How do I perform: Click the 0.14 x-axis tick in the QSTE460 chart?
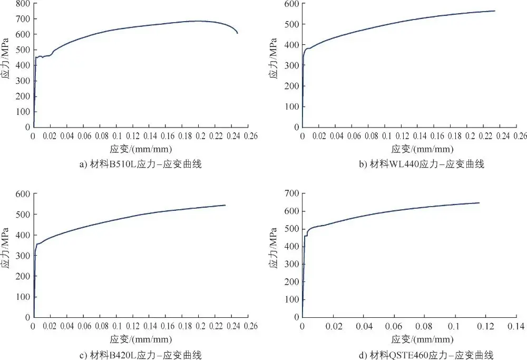pos(516,326)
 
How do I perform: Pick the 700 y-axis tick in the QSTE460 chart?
pos(290,194)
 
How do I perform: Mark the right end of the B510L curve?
pos(237,33)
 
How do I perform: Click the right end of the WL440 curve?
pos(495,11)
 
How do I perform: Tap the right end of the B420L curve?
pos(225,205)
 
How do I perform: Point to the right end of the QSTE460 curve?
pos(479,202)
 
